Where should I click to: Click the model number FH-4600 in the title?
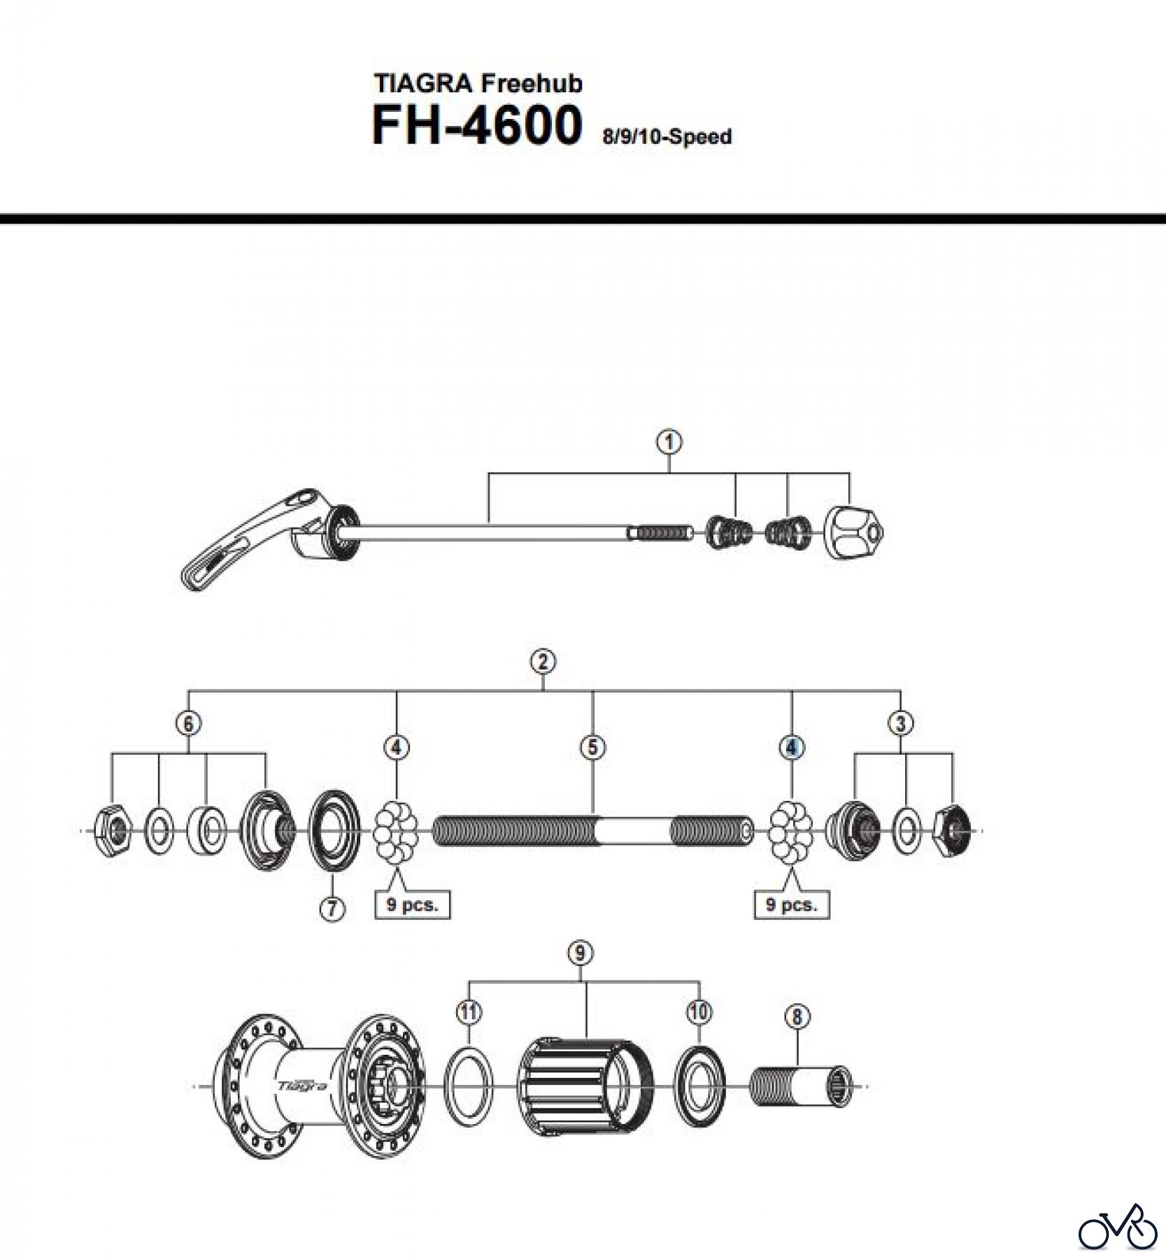point(476,127)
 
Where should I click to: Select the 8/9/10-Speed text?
point(667,136)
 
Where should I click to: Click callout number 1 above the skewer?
point(669,442)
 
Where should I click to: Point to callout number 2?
point(543,662)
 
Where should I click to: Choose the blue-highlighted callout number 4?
point(791,748)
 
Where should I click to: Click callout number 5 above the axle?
point(592,748)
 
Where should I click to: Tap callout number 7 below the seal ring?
point(332,909)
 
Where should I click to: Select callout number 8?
point(797,1016)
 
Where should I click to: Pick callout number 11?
point(469,1011)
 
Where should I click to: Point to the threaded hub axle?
point(592,831)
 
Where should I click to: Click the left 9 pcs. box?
point(412,904)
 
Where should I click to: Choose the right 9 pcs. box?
point(792,904)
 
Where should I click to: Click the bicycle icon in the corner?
point(1118,1225)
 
